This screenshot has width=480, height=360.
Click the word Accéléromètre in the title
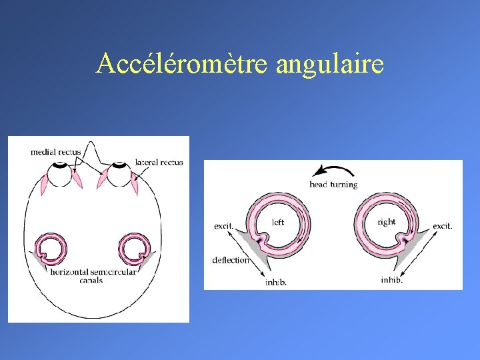[x=182, y=64]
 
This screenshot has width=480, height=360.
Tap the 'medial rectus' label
[x=55, y=152]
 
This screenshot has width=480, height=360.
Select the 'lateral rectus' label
[x=159, y=162]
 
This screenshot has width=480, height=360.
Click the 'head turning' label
[x=333, y=185]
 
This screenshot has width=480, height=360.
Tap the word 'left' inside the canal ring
[x=278, y=221]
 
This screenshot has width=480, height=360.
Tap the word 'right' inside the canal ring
[x=386, y=221]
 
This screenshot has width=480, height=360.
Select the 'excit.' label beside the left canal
[x=223, y=226]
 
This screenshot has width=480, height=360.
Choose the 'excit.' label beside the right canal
[x=442, y=226]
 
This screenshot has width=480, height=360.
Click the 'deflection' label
[x=231, y=260]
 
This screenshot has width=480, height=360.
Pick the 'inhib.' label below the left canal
[x=276, y=283]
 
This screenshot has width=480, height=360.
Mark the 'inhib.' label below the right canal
[x=391, y=280]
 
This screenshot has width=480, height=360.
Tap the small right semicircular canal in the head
[x=135, y=249]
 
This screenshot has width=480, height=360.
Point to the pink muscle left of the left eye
[x=46, y=183]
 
